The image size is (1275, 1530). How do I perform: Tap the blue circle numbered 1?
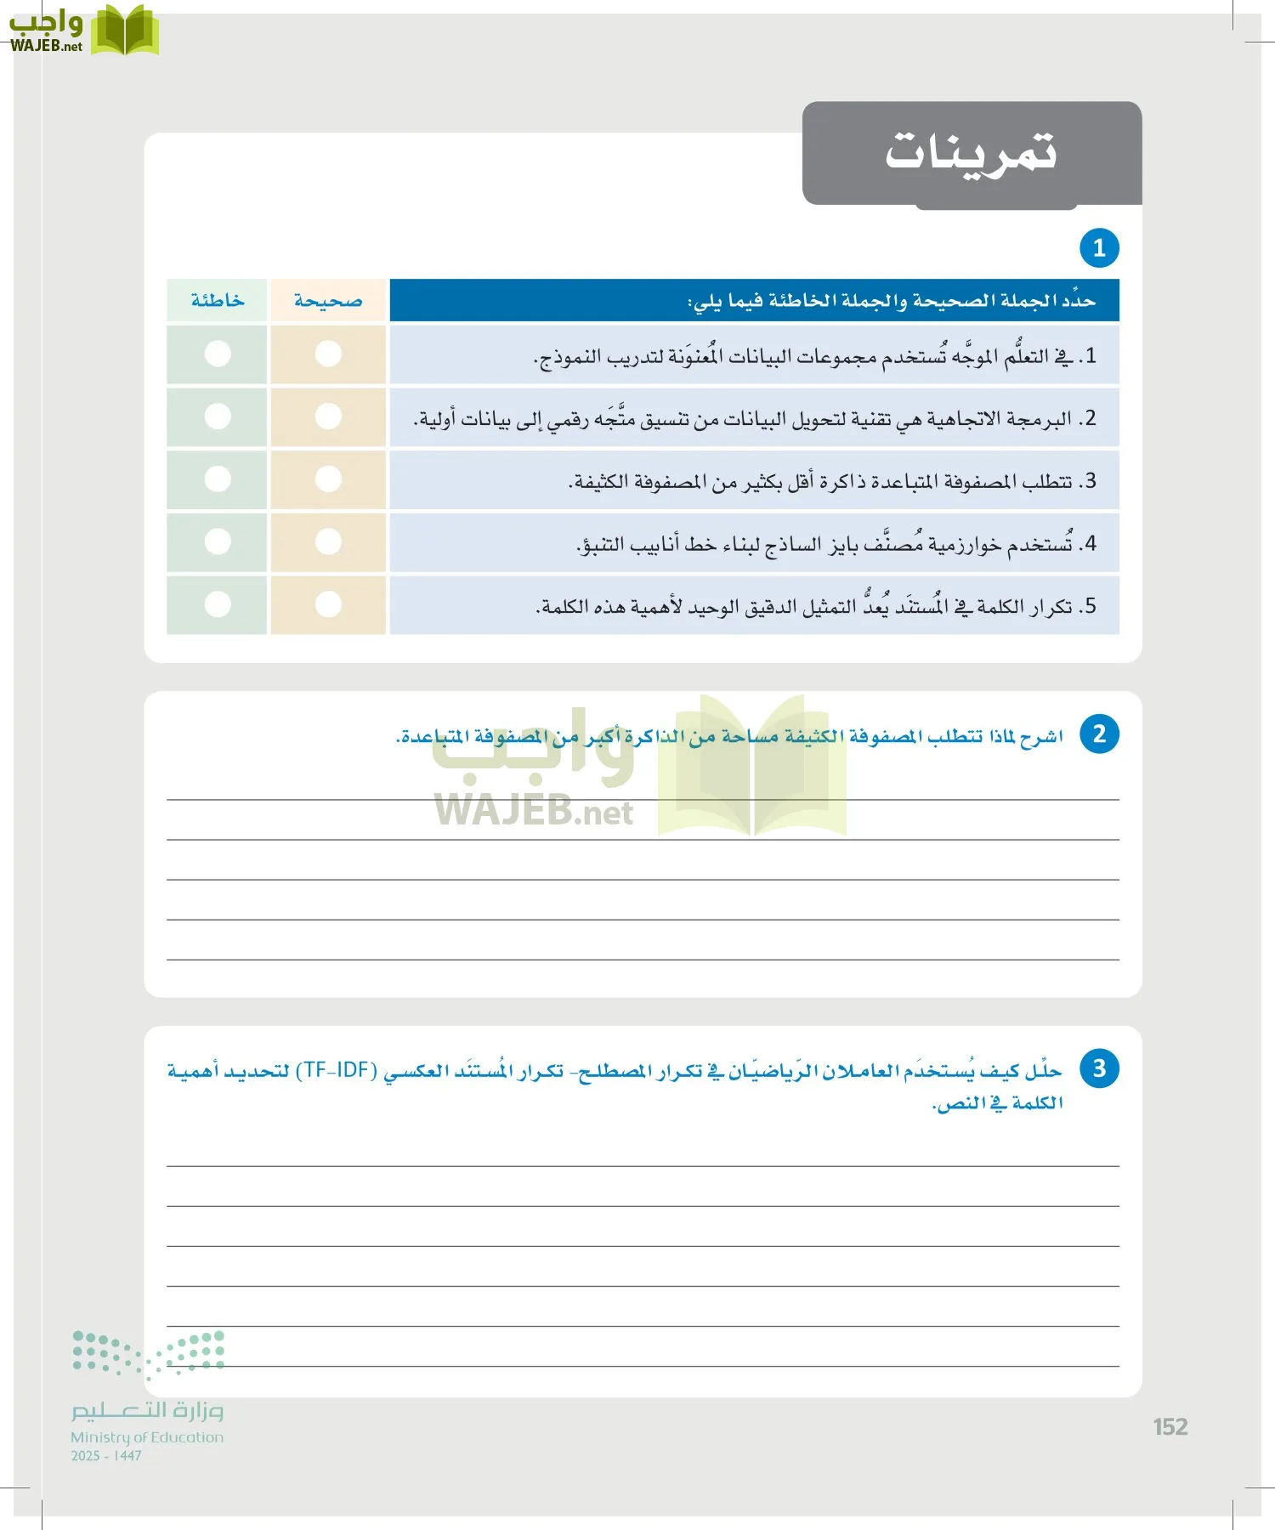click(1098, 248)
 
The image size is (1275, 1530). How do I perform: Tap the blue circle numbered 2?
click(1098, 734)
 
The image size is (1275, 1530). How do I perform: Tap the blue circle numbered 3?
click(1098, 1068)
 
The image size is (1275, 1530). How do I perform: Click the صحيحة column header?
click(328, 301)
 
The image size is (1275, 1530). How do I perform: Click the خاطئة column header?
click(217, 301)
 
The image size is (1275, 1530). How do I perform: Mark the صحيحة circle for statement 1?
click(328, 354)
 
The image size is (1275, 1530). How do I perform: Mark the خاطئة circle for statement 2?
click(218, 416)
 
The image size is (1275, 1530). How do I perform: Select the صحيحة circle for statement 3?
click(328, 479)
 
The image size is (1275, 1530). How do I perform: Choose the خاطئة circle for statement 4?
click(218, 541)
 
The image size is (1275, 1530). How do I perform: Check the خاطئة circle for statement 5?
click(218, 604)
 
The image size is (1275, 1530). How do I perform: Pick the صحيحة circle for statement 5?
click(328, 604)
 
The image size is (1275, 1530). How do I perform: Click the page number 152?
click(1170, 1427)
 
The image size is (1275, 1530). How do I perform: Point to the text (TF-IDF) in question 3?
click(336, 1070)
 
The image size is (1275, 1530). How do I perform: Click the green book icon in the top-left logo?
click(124, 31)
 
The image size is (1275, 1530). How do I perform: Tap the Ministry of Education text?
click(147, 1437)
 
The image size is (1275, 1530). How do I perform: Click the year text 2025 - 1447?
click(106, 1456)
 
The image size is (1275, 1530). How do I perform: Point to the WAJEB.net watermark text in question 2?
click(533, 812)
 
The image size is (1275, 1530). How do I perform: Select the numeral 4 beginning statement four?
click(1091, 543)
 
